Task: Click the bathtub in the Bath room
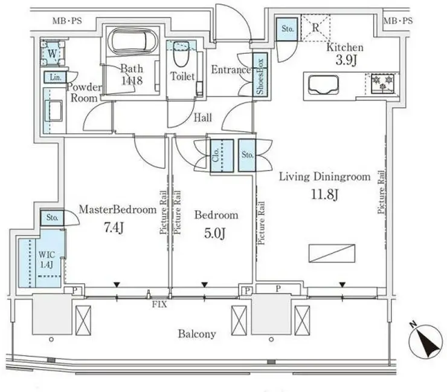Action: pyautogui.click(x=133, y=41)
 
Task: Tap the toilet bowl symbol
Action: pyautogui.click(x=181, y=54)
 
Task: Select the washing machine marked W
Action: pyautogui.click(x=52, y=53)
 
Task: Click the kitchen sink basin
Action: pyautogui.click(x=323, y=85)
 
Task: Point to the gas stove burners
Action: pyautogui.click(x=382, y=83)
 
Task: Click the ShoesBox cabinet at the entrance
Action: pyautogui.click(x=260, y=75)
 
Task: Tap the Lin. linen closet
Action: pyautogui.click(x=56, y=77)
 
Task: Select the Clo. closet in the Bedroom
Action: pyautogui.click(x=222, y=155)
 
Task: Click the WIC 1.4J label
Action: pyautogui.click(x=46, y=260)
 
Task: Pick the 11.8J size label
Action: pyautogui.click(x=324, y=195)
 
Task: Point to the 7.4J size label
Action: pyautogui.click(x=114, y=228)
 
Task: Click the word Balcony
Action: pyautogui.click(x=197, y=334)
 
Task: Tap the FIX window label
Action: pyautogui.click(x=159, y=304)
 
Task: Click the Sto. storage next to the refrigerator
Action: pyautogui.click(x=287, y=29)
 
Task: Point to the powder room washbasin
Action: pyautogui.click(x=54, y=111)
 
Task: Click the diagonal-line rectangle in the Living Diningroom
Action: pyautogui.click(x=332, y=253)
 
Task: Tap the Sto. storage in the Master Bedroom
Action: pyautogui.click(x=52, y=218)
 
